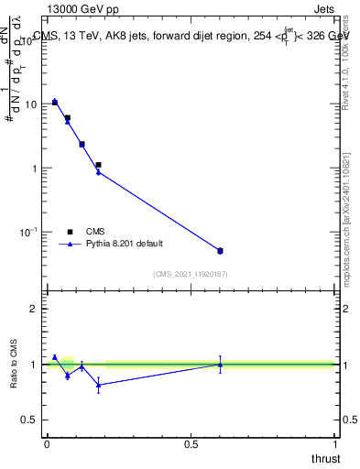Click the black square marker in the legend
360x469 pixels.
pyautogui.click(x=70, y=232)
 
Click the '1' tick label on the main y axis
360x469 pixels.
pyautogui.click(x=33, y=169)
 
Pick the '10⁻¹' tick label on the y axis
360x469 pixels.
pyautogui.click(x=27, y=233)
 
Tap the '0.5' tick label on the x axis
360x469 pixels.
pyautogui.click(x=191, y=444)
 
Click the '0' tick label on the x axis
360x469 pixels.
pyautogui.click(x=47, y=444)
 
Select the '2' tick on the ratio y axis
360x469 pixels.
pyautogui.click(x=33, y=309)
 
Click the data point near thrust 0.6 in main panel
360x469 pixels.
pyautogui.click(x=220, y=250)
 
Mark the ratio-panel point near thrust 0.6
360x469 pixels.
pyautogui.click(x=220, y=365)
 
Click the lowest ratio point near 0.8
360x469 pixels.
pyautogui.click(x=98, y=385)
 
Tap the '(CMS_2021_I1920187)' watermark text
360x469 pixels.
pyautogui.click(x=191, y=274)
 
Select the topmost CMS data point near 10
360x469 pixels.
pyautogui.click(x=55, y=102)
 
